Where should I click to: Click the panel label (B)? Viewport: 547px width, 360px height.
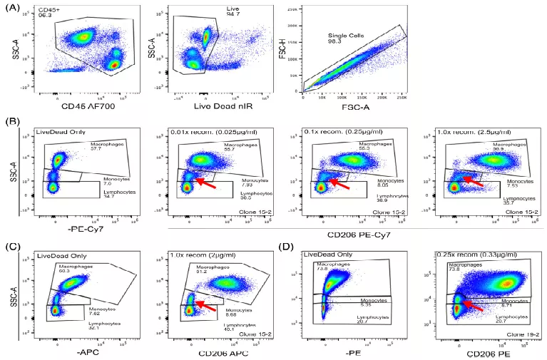pyautogui.click(x=11, y=123)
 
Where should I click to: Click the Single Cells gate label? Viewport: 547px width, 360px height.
pyautogui.click(x=344, y=37)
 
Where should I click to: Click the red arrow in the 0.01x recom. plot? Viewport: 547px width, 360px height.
pyautogui.click(x=205, y=182)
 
